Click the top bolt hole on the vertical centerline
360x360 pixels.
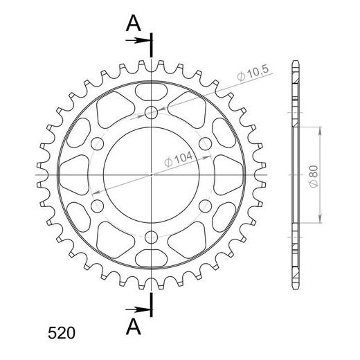coord(152,114)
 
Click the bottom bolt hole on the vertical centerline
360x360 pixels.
coord(152,237)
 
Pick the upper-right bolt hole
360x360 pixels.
coord(205,144)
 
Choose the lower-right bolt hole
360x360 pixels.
coord(205,206)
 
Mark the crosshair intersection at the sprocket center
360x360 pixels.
coord(152,175)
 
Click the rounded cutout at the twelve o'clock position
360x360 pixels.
coord(152,90)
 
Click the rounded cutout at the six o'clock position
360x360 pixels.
coord(152,260)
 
